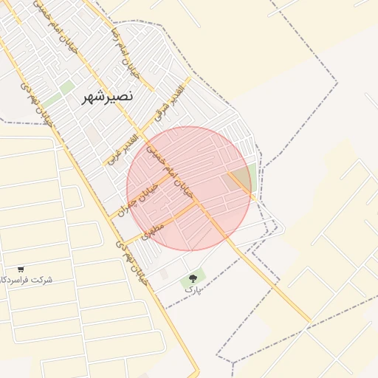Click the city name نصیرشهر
pyautogui.click(x=108, y=97)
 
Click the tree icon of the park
pyautogui.click(x=193, y=278)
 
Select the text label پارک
pyautogui.click(x=192, y=290)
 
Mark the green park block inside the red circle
pyautogui.click(x=241, y=179)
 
